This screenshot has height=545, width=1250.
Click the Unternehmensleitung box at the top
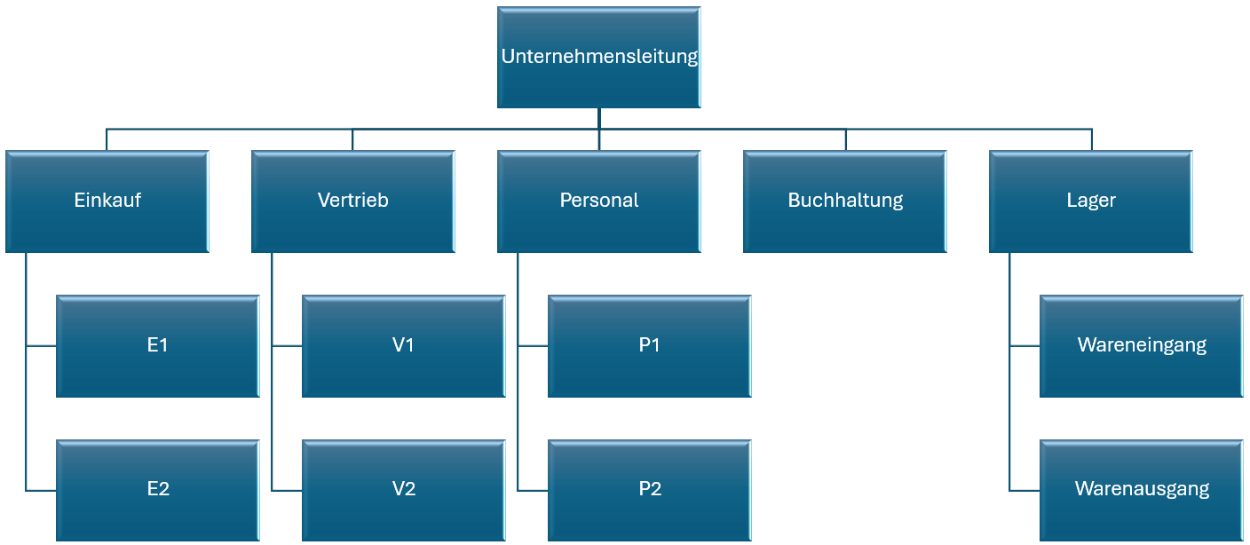(598, 57)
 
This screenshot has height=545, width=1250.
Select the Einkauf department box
(107, 201)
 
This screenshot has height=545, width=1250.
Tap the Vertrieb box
(352, 201)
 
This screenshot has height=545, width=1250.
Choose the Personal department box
(598, 201)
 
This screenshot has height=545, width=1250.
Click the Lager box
(1090, 201)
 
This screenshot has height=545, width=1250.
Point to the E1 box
(157, 345)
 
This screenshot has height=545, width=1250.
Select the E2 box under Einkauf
(157, 489)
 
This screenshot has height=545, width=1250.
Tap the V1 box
(403, 345)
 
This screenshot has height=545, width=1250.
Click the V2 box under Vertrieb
(403, 489)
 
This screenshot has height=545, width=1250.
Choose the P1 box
(649, 345)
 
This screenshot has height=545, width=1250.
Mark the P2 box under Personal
(649, 489)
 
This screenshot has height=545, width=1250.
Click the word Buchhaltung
(845, 201)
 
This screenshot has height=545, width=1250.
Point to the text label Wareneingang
(1142, 345)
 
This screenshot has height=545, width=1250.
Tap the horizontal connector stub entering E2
(41, 490)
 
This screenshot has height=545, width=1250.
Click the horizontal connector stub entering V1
(287, 346)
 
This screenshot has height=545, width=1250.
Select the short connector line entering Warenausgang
(1025, 490)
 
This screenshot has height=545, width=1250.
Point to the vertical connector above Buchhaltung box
(845, 139)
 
